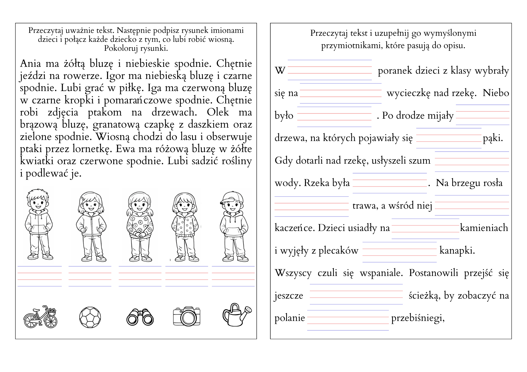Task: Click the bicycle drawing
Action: [x=40, y=317]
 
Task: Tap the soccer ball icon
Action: [x=90, y=317]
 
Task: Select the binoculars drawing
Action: [x=140, y=317]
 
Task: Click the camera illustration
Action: [x=187, y=316]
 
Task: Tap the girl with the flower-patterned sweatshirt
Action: [x=140, y=226]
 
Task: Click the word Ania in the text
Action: [x=30, y=64]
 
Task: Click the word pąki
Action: [x=493, y=138]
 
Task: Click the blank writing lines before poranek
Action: [x=330, y=70]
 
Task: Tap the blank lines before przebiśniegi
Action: [x=348, y=320]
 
